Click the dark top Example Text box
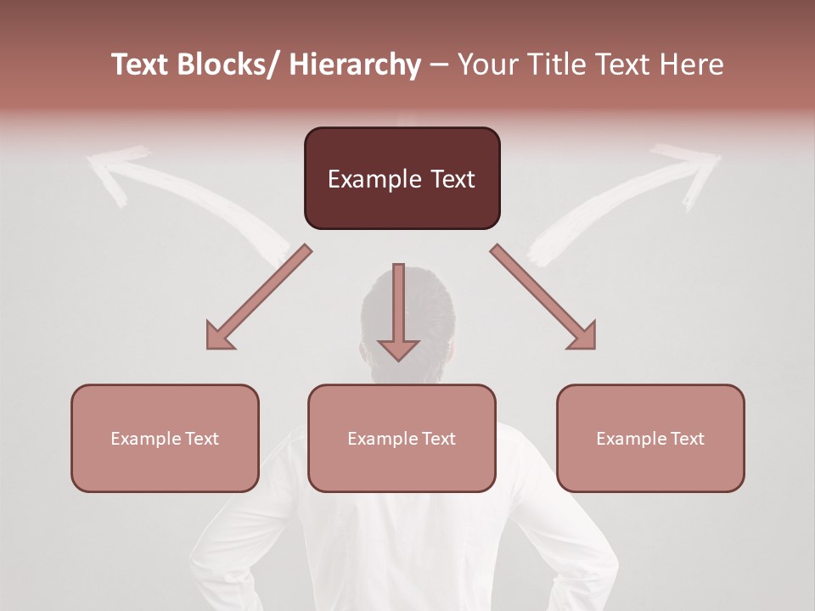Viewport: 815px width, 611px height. (402, 178)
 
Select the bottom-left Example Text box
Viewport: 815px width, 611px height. (165, 438)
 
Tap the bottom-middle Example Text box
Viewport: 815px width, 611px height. (402, 438)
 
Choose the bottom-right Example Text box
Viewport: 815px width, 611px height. (650, 438)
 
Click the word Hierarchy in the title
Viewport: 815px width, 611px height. (355, 64)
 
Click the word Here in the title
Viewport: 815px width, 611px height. (693, 64)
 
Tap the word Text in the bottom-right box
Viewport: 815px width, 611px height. (686, 439)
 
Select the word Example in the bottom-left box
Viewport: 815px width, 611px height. (146, 439)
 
